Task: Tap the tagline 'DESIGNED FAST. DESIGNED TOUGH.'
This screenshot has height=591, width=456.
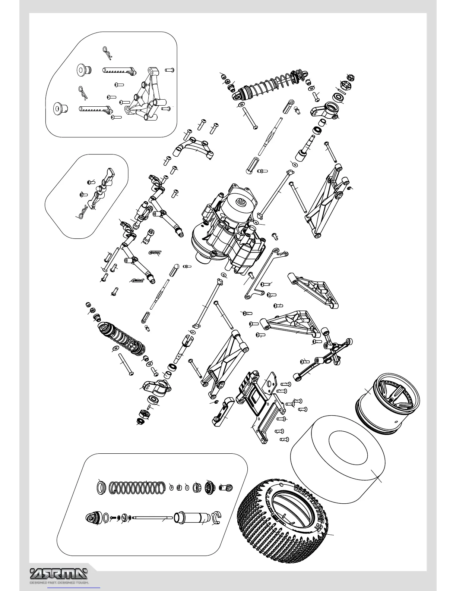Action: pyautogui.click(x=59, y=582)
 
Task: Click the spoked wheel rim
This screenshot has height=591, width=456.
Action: pyautogui.click(x=387, y=403)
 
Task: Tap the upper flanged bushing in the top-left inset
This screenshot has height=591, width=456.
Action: pyautogui.click(x=81, y=70)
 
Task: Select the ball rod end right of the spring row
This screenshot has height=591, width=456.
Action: pyautogui.click(x=225, y=487)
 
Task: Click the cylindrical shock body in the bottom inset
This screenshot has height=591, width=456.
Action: pyautogui.click(x=192, y=517)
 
